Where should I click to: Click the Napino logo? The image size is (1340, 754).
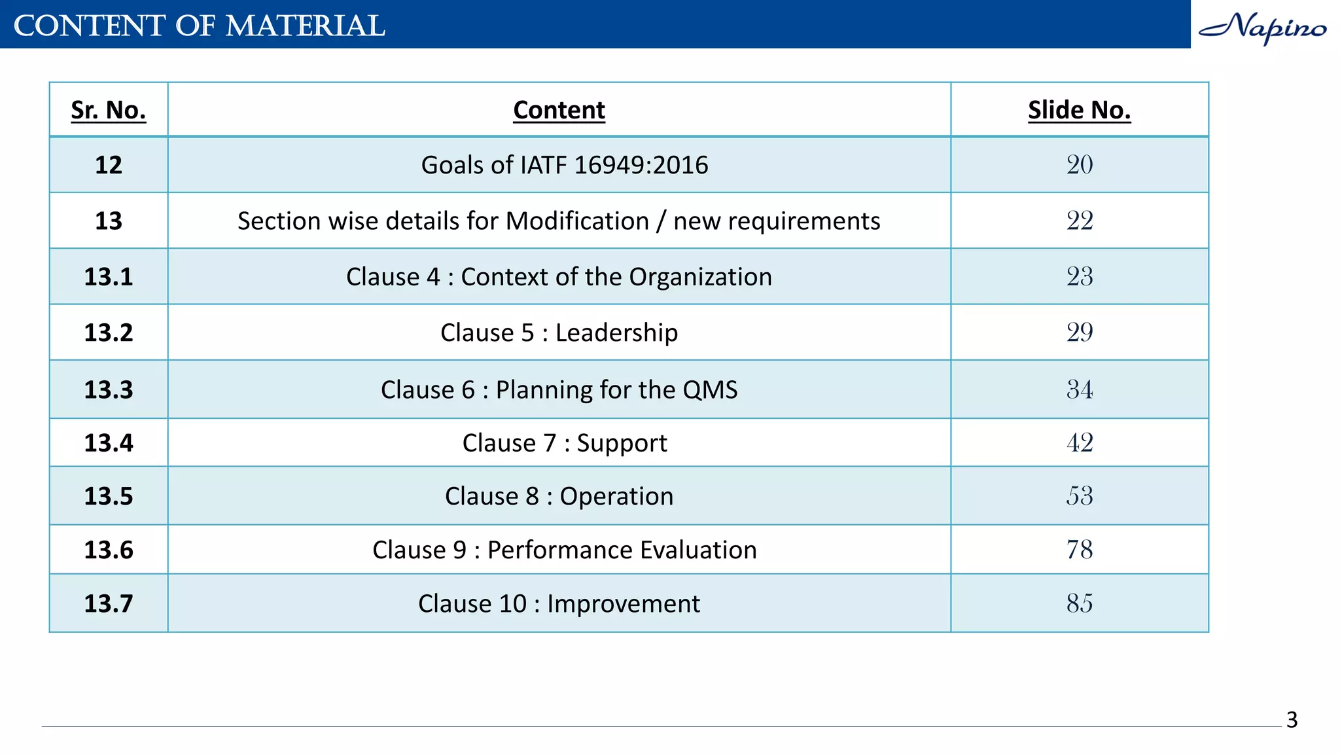[x=1262, y=27]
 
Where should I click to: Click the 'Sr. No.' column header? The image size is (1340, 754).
[x=109, y=110]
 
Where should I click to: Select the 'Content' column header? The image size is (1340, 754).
[x=559, y=110]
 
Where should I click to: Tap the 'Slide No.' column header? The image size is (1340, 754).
[x=1079, y=110]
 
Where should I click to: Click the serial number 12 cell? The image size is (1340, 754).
[x=109, y=165]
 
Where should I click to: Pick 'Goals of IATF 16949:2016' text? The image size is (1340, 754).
[x=564, y=165]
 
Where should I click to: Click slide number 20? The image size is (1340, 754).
[x=1080, y=164]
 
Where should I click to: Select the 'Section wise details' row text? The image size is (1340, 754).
[x=559, y=221]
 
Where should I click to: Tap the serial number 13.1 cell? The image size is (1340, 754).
[x=109, y=277]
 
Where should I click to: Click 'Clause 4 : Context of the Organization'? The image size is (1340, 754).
[x=559, y=277]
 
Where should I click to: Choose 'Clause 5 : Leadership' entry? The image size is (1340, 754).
[x=559, y=332]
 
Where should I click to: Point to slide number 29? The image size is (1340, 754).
[x=1080, y=332]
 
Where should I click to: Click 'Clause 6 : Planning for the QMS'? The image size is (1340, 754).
[x=559, y=389]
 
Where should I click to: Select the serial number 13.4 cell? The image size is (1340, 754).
[x=109, y=443]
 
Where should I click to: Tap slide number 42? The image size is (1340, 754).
[x=1080, y=443]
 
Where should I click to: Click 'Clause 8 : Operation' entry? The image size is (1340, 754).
[x=559, y=496]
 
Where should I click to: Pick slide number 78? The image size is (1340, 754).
[x=1080, y=550]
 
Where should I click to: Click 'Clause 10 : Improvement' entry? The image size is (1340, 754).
[x=559, y=603]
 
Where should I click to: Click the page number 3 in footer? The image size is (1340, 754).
[x=1292, y=720]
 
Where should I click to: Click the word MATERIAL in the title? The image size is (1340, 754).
[x=305, y=26]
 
